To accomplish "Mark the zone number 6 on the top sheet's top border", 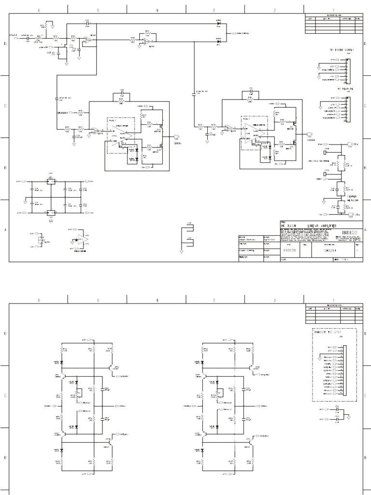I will (x=39, y=9).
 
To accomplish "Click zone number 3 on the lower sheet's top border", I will (x=214, y=300).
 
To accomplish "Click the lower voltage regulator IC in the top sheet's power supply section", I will (x=50, y=212).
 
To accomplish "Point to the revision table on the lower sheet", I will (x=333, y=314).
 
